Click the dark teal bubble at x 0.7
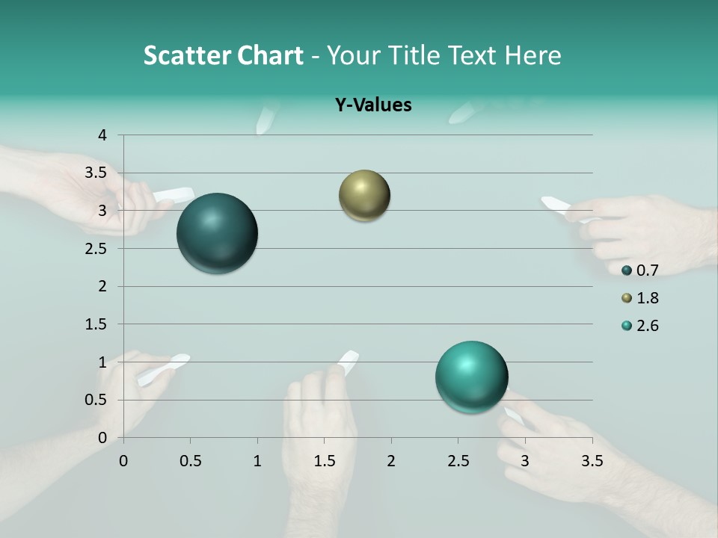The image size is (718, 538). pos(218,233)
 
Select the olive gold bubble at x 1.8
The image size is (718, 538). pos(364,196)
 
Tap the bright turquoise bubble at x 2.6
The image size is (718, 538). pos(471,377)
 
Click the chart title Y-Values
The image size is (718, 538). pos(372,105)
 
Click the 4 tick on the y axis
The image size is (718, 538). pos(102,135)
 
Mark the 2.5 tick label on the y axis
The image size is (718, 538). pos(96,249)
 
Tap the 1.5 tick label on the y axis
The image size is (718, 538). pos(96,324)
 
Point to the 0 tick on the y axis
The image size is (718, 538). pos(102,438)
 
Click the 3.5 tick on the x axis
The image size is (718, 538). pos(592,461)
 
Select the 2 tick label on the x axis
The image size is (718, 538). pos(391,461)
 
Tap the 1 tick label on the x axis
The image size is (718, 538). pos(257,461)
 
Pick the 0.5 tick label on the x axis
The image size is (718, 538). pos(190,461)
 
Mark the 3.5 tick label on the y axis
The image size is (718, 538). pos(96,173)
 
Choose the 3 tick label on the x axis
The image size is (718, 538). pos(525,461)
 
